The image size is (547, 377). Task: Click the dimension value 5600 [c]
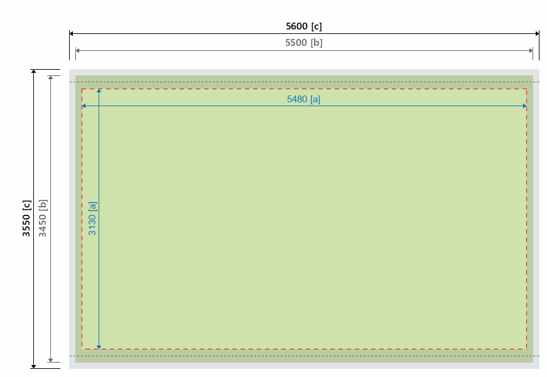tap(304, 26)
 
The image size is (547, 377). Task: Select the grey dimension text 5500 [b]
tap(304, 43)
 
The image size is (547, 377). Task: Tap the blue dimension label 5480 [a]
tap(303, 99)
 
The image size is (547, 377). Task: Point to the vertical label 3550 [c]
tap(26, 218)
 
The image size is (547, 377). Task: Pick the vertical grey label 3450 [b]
tap(43, 218)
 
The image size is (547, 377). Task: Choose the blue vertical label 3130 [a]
tap(92, 218)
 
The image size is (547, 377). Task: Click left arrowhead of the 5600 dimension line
tap(72, 33)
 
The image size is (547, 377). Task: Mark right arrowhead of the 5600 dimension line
tap(537, 33)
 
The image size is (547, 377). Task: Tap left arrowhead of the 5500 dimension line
tap(78, 50)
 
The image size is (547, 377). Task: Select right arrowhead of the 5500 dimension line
tap(531, 50)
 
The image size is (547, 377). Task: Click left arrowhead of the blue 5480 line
tap(84, 106)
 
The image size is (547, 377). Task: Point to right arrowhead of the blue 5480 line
tap(524, 106)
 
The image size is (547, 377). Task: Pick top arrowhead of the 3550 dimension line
tap(34, 72)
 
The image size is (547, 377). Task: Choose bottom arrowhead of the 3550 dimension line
tap(34, 366)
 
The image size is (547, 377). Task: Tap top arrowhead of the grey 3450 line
tap(50, 79)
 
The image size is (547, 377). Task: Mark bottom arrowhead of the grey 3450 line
tap(50, 360)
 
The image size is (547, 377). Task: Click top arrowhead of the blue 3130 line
tap(99, 92)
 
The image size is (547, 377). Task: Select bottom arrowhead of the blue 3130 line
tap(99, 346)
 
